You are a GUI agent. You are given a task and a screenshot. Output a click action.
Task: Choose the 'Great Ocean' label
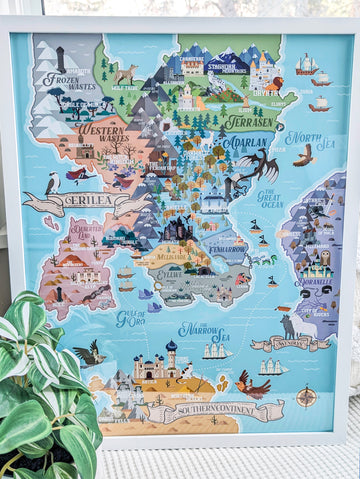[269, 198]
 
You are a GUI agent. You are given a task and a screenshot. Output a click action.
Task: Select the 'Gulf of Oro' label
[131, 318]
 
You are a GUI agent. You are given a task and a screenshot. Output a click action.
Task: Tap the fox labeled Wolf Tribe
[126, 74]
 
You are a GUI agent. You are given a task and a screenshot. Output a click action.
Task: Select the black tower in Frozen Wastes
[60, 59]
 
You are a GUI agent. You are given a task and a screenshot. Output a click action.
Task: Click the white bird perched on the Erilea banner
[53, 183]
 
